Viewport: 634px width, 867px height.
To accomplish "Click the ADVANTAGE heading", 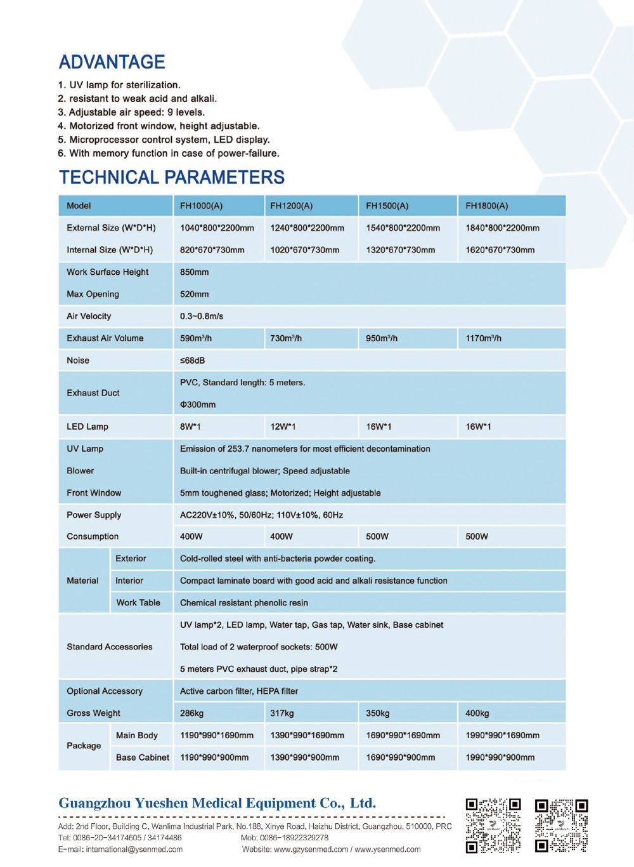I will pos(112,62).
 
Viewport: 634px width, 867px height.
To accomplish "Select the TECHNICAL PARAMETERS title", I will pos(172,177).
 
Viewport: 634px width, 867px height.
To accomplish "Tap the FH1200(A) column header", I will pos(291,206).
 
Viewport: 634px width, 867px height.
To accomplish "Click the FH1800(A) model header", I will pos(486,206).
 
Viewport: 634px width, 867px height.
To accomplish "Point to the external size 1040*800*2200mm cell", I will pos(217,228).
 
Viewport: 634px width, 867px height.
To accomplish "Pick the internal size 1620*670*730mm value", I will pos(500,250).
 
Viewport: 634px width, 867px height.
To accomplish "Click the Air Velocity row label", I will pos(89,316).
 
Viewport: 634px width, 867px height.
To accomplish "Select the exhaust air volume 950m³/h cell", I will pos(382,338).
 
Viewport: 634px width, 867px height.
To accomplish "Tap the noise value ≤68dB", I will pos(192,361).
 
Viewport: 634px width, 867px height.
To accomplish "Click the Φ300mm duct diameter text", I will pos(198,404).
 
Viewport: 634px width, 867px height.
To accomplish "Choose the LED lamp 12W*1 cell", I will pos(283,427).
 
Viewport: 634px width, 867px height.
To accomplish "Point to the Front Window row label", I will pos(94,493).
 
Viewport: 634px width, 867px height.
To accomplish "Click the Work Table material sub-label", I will pos(138,602).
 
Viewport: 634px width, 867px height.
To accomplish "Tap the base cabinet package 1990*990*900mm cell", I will pos(500,757).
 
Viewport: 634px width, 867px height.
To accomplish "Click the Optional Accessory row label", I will pos(105,691).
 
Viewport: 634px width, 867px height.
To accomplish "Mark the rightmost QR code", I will pos(561,825).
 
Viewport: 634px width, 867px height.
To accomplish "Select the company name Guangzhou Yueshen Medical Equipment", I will pos(217,804).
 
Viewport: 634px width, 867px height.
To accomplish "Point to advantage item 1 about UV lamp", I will pos(119,85).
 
